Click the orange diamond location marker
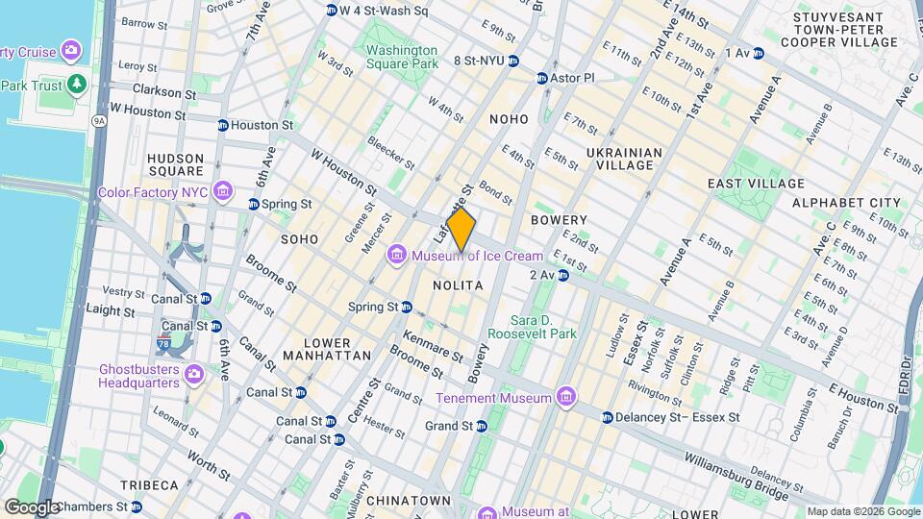tap(461, 232)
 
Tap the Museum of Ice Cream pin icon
tap(395, 256)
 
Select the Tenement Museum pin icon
tap(566, 398)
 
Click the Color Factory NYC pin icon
tap(223, 192)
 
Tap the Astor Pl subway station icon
tap(542, 78)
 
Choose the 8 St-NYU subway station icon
tap(513, 61)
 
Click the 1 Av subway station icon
tap(759, 53)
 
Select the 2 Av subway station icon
tap(563, 276)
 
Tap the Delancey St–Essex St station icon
tap(608, 418)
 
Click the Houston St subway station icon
tap(223, 126)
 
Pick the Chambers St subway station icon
tap(137, 507)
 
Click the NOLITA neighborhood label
tap(457, 286)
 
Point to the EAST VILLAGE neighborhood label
tap(756, 184)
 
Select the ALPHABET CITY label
tap(847, 203)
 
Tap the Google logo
tap(32, 507)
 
